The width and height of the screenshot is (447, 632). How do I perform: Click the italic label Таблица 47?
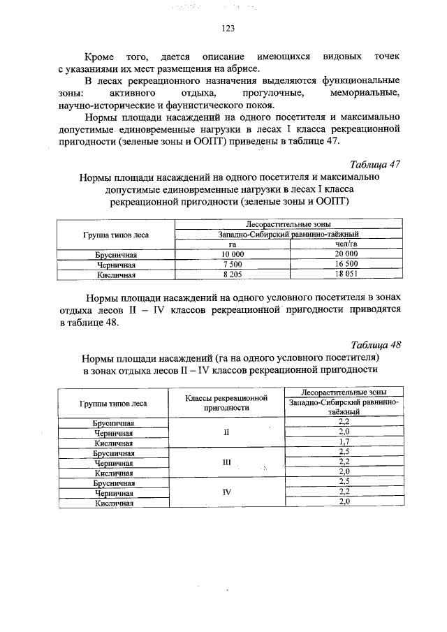coord(376,165)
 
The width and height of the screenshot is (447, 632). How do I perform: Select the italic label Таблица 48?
coord(376,344)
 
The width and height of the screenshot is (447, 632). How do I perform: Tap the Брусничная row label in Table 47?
coord(116,255)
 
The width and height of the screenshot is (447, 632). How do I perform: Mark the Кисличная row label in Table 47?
coord(116,274)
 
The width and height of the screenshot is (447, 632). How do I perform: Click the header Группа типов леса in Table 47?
coord(116,235)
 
